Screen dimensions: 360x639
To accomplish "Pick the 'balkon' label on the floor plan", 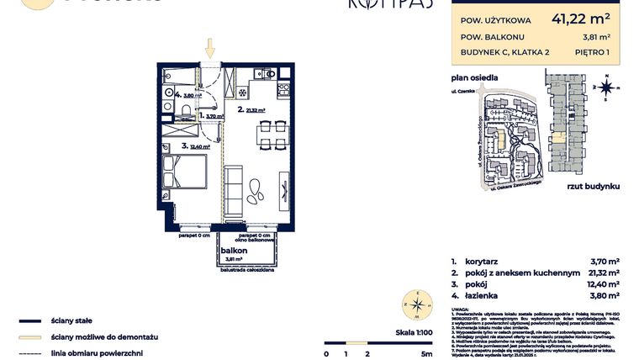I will click(x=233, y=251).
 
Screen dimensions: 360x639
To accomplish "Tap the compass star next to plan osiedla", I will click(x=605, y=86).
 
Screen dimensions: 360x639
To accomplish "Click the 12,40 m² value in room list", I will click(x=601, y=284).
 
